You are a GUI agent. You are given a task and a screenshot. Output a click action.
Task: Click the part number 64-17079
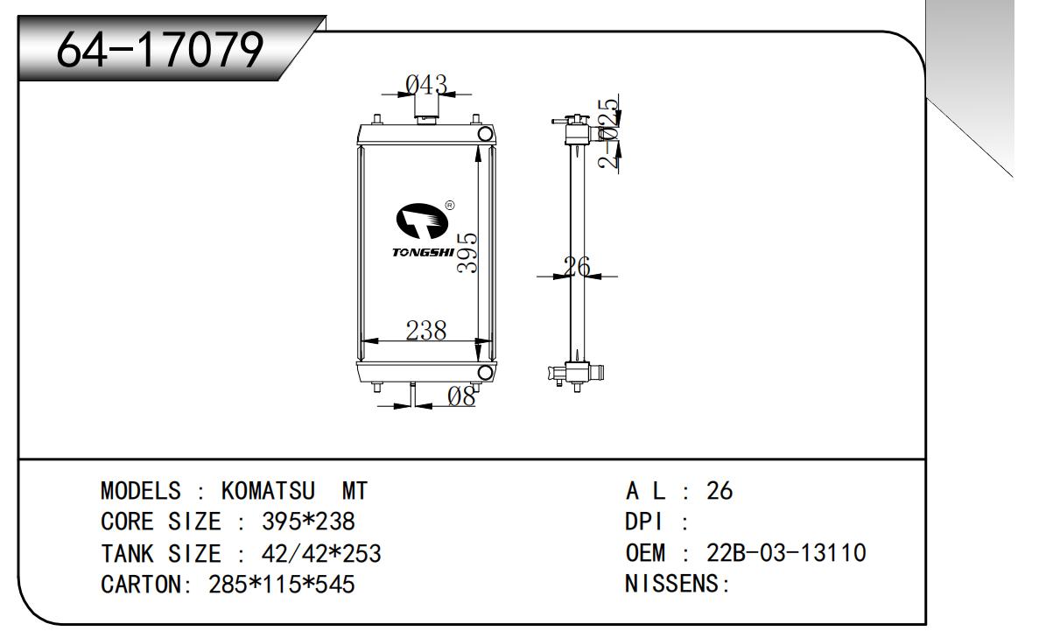click(159, 51)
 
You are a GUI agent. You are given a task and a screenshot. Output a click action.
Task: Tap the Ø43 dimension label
click(427, 85)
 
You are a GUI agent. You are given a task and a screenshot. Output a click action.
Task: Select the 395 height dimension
click(468, 252)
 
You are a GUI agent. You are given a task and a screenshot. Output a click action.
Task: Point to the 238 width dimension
click(426, 330)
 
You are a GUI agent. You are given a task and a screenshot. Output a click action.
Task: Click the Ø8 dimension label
click(461, 396)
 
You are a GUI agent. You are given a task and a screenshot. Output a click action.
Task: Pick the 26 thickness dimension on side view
click(577, 267)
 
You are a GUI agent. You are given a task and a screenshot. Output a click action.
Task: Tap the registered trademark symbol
click(449, 206)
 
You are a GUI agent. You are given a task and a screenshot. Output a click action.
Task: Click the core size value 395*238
click(308, 522)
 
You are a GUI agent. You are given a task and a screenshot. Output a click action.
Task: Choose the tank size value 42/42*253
click(321, 554)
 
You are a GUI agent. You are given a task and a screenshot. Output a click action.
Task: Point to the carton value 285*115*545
click(281, 585)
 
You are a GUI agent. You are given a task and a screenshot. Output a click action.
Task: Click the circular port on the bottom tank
click(483, 373)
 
